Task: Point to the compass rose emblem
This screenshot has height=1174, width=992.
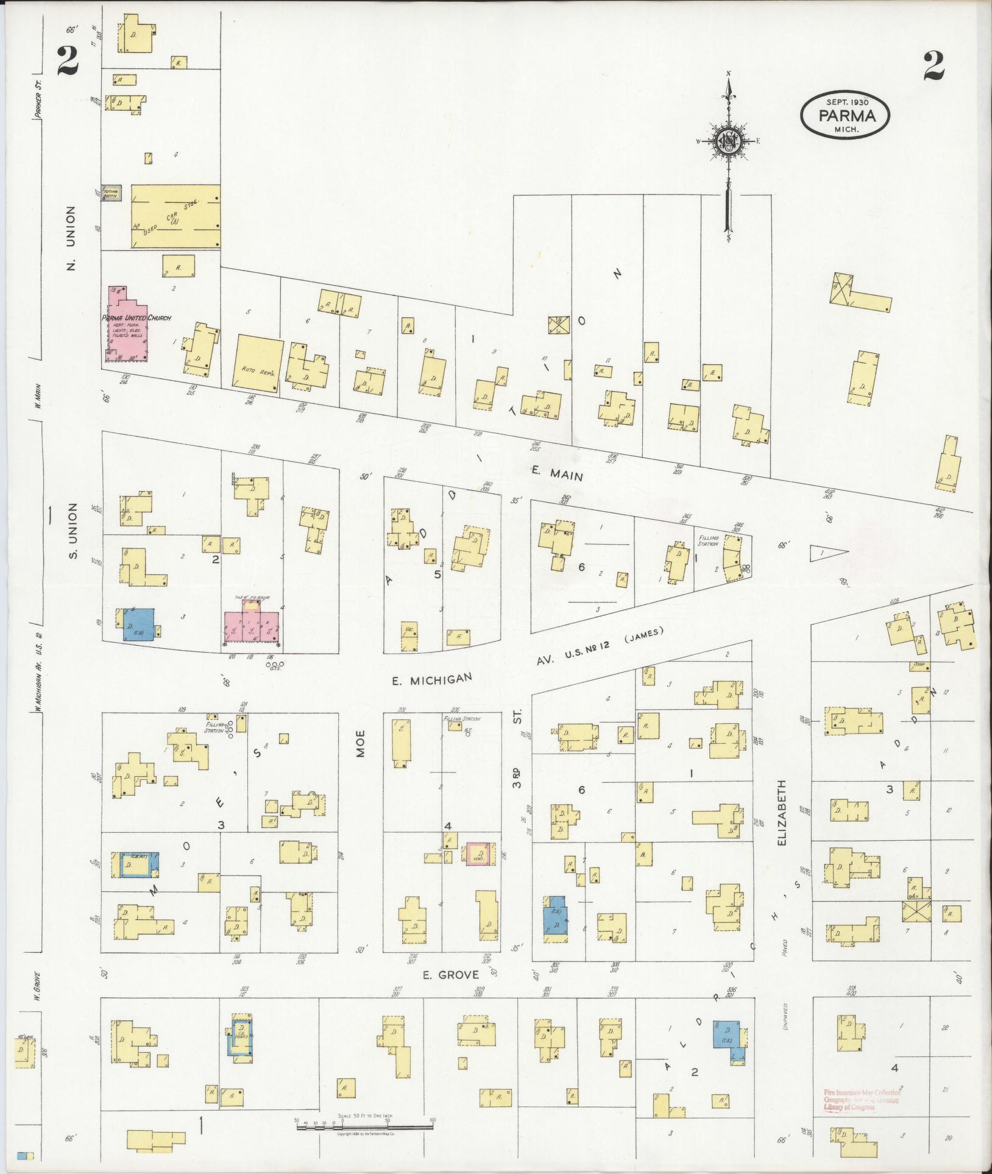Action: [728, 142]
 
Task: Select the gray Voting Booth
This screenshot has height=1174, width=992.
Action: [112, 194]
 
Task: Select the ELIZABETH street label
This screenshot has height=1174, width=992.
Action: [783, 814]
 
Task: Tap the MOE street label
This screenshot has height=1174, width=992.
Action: [360, 743]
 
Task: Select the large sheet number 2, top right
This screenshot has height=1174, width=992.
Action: [933, 66]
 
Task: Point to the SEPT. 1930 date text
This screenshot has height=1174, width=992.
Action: [847, 102]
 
